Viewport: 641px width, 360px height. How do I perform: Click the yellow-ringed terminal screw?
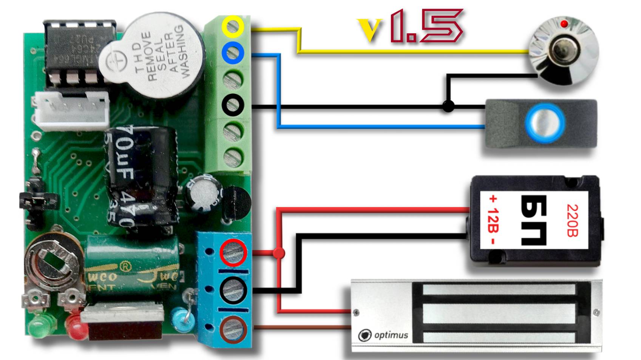click(x=233, y=26)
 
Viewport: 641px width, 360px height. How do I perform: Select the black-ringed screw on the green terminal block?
click(x=233, y=105)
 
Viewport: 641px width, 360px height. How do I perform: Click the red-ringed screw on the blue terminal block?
click(x=233, y=253)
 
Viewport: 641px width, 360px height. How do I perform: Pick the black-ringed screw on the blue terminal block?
click(x=233, y=290)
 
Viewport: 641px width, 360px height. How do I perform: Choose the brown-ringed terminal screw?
click(x=233, y=329)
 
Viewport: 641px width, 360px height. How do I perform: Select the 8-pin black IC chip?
click(x=79, y=51)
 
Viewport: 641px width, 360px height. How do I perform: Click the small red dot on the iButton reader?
click(x=564, y=24)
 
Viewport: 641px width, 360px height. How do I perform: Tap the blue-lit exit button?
click(x=545, y=123)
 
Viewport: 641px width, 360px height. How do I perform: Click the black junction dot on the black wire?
click(x=448, y=106)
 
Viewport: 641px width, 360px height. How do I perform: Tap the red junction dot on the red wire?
click(x=279, y=253)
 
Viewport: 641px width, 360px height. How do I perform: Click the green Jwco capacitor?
click(x=132, y=268)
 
